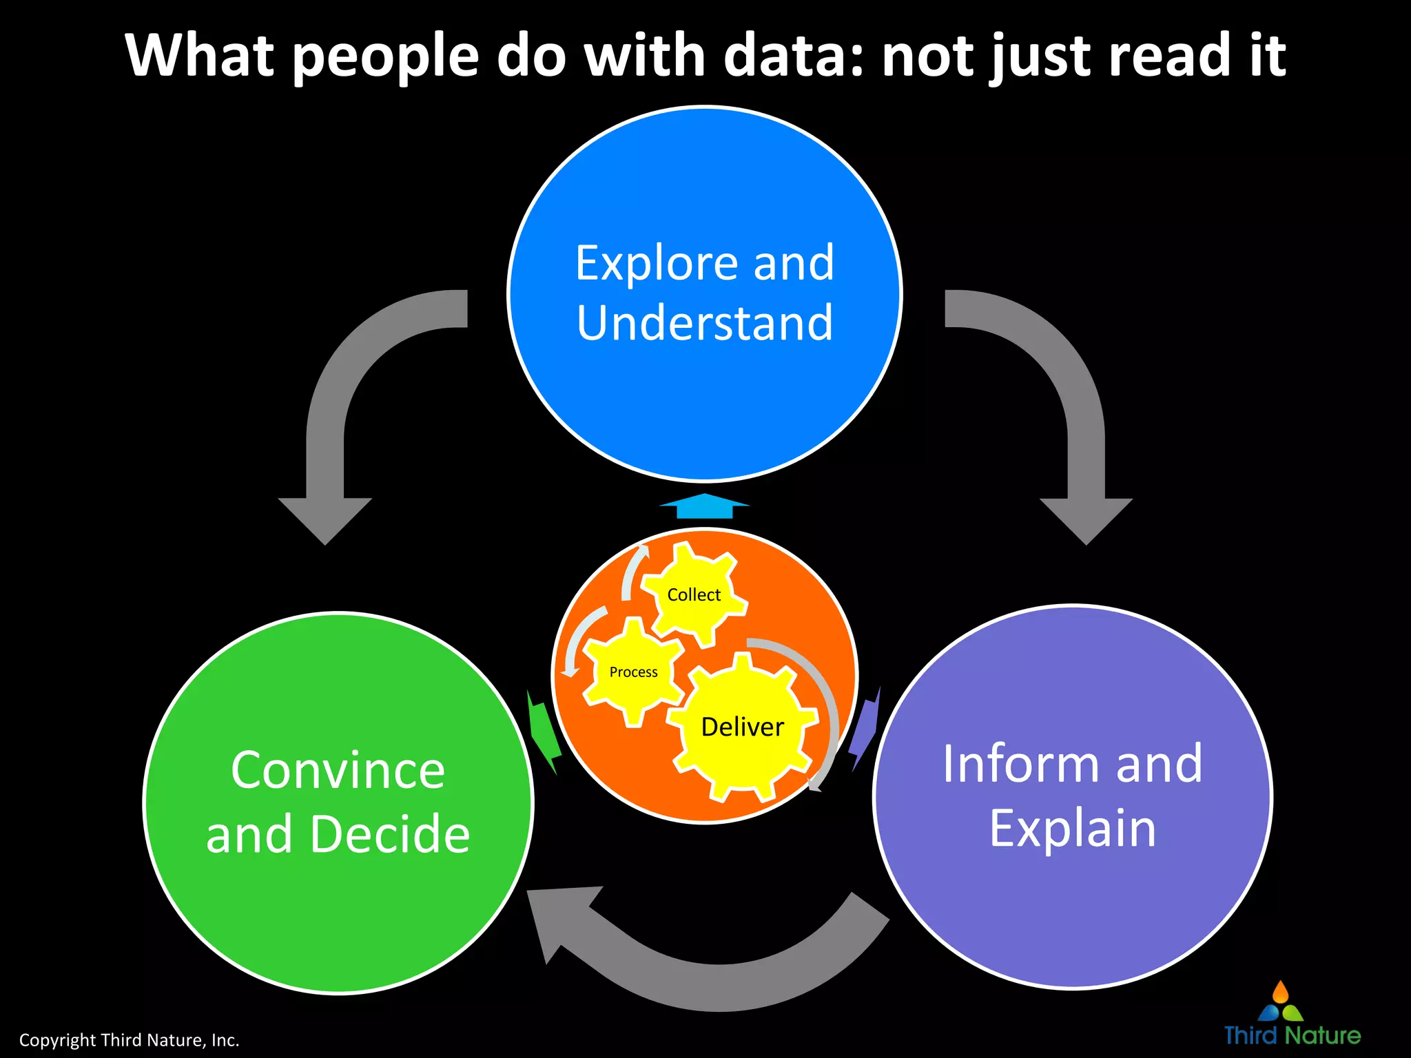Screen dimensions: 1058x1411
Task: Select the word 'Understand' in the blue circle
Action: point(705,322)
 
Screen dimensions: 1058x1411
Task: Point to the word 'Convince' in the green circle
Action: point(338,770)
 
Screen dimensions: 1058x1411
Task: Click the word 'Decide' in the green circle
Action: point(390,833)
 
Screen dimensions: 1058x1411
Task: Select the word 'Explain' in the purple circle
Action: point(1073,828)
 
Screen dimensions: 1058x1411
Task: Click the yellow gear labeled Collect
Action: point(694,594)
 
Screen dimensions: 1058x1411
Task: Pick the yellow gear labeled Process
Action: point(633,672)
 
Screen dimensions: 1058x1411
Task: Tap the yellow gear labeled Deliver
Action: point(743,727)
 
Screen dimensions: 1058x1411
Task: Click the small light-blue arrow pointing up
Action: point(704,506)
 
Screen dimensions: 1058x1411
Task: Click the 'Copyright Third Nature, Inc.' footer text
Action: point(129,1040)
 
